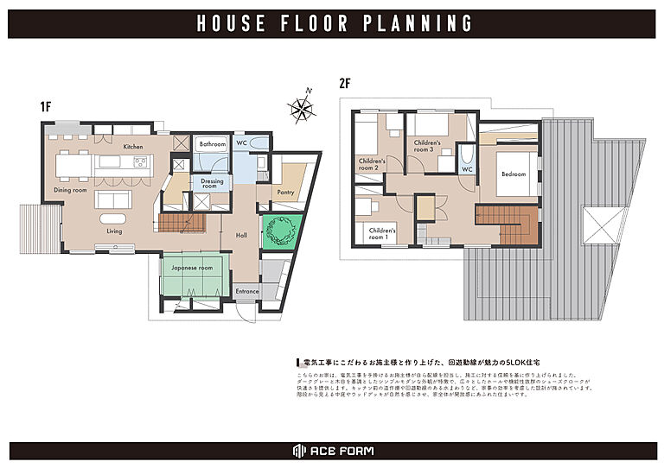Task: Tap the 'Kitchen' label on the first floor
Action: [132, 147]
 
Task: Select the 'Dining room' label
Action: [71, 190]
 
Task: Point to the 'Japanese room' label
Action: [192, 268]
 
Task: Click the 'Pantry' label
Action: [285, 192]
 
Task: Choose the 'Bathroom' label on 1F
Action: [212, 144]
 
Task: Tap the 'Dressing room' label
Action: [212, 183]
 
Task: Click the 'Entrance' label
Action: [247, 292]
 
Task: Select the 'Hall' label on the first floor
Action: [241, 233]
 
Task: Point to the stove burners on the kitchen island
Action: [141, 161]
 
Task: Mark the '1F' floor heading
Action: [46, 107]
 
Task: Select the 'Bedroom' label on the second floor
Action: [514, 174]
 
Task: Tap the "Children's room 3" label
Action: [427, 146]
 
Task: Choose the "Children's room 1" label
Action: [382, 234]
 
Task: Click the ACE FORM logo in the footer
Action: [332, 452]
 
